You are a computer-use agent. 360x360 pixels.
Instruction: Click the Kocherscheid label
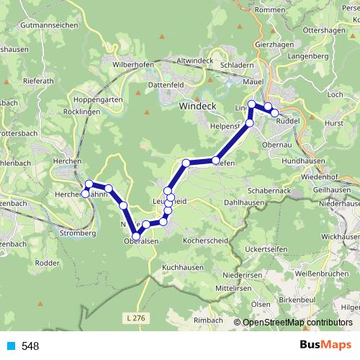[206, 239]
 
